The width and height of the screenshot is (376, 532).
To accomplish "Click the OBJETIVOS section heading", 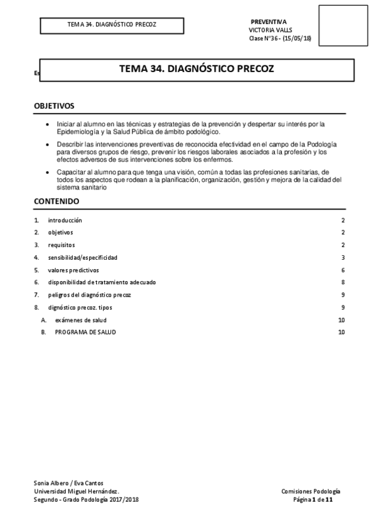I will [x=54, y=106].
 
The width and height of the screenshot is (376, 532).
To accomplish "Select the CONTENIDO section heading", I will [x=56, y=201].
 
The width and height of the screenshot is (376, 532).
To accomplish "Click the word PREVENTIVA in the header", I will [x=269, y=21].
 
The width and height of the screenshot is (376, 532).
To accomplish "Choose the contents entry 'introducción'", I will [x=65, y=220].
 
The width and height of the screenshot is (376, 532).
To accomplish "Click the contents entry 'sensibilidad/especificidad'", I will [x=82, y=257].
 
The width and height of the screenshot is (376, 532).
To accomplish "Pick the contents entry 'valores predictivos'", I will [x=73, y=270].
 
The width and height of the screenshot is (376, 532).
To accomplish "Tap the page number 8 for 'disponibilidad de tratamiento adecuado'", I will [x=343, y=282].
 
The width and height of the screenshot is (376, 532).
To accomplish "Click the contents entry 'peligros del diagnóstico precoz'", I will [x=89, y=295].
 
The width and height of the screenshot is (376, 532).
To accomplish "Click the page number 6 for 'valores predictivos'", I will [x=343, y=270].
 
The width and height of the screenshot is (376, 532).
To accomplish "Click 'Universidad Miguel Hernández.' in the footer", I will [x=75, y=491].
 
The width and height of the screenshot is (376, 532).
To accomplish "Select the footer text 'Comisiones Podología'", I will [x=311, y=491].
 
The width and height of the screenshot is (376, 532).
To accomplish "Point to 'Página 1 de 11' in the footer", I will [x=317, y=499].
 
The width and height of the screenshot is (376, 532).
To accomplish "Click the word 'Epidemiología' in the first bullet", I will [x=75, y=132].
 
